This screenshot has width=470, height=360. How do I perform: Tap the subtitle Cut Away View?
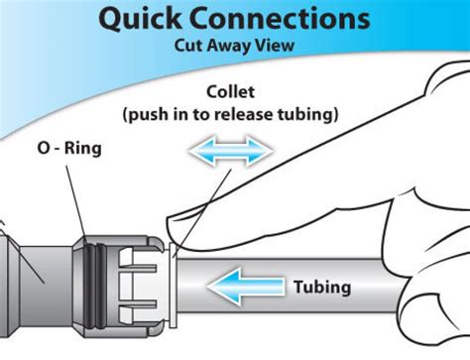click(x=233, y=47)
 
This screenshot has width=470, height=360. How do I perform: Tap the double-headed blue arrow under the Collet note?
click(x=229, y=152)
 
